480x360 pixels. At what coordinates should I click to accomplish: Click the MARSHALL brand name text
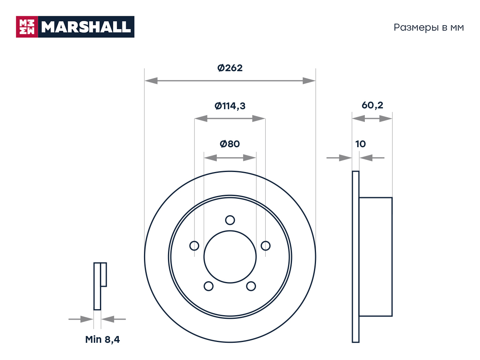[86, 27]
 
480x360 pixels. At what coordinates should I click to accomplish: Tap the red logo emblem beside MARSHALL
[27, 27]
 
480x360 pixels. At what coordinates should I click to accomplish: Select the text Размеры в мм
[429, 28]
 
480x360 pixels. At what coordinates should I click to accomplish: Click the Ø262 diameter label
[230, 68]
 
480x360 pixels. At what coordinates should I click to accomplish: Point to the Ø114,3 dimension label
[230, 106]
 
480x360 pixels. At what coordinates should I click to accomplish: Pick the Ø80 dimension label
[230, 144]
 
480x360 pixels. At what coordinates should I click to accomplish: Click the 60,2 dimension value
[372, 105]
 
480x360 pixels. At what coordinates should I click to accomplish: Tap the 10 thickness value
[360, 144]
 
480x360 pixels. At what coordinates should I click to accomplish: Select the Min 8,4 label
[102, 340]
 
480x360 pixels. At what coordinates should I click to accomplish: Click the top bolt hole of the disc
[230, 220]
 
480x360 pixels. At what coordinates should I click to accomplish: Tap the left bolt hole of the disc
[194, 246]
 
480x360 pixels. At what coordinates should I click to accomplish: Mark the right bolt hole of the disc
[266, 246]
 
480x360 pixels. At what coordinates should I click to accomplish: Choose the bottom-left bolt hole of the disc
[208, 286]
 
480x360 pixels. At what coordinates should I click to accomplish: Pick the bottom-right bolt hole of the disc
[251, 286]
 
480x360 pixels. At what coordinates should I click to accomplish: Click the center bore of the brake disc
[230, 257]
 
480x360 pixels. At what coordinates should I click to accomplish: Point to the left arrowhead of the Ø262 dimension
[151, 81]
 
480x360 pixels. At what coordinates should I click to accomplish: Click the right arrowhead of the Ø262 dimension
[309, 81]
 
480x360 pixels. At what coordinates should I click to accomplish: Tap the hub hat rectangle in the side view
[376, 257]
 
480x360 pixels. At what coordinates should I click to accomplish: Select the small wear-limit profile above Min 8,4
[100, 286]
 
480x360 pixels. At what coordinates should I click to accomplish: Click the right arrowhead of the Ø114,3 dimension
[259, 119]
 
